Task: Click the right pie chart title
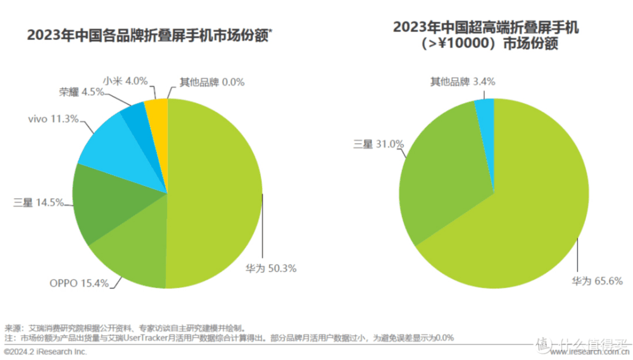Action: (486, 36)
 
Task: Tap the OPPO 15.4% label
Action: (80, 283)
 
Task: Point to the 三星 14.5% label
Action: (38, 202)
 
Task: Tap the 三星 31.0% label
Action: (378, 144)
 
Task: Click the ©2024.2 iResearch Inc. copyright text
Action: (45, 351)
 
